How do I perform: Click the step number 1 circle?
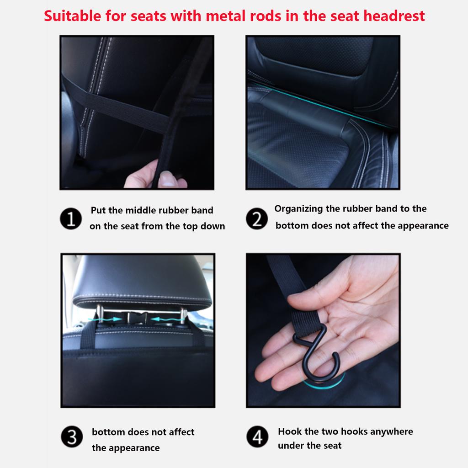[71, 219]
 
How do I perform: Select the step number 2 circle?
[257, 219]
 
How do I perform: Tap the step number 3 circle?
[72, 438]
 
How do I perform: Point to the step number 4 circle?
[257, 438]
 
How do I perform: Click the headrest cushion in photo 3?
[142, 281]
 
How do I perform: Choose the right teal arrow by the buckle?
[165, 318]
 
